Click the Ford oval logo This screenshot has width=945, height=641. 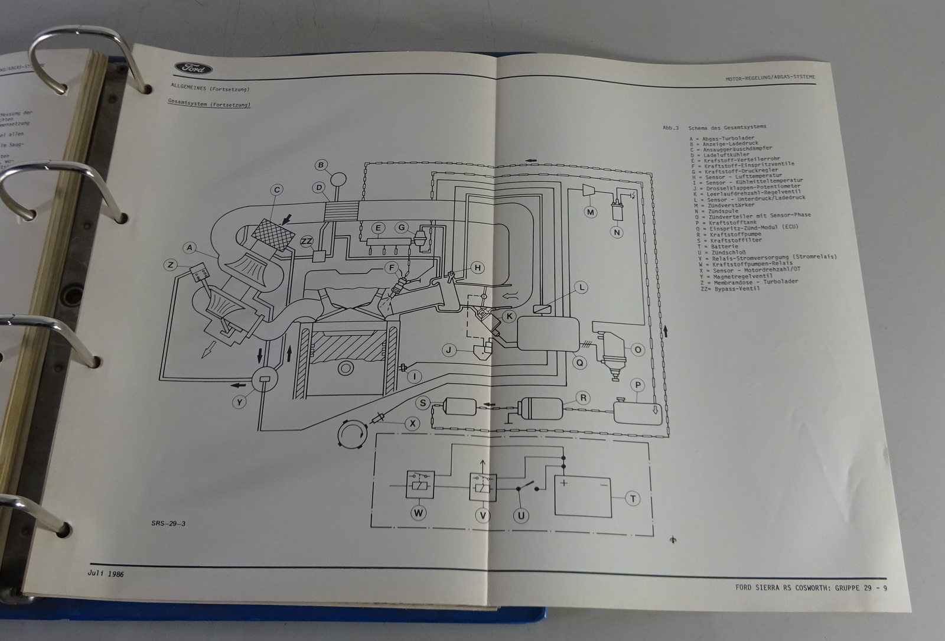[194, 69]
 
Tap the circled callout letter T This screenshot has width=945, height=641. [633, 499]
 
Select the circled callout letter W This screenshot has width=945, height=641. [419, 513]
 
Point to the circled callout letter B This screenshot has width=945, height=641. [321, 165]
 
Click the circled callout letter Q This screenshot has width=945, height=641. [580, 363]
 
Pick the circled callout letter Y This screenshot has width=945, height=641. [239, 402]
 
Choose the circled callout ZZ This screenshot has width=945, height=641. [307, 241]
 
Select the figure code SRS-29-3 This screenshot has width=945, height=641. [169, 523]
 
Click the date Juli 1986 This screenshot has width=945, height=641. [106, 574]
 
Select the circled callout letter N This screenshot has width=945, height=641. [617, 233]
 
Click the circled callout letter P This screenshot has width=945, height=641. [637, 385]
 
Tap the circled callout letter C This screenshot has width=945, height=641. [276, 190]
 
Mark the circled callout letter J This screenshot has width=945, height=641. [449, 350]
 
